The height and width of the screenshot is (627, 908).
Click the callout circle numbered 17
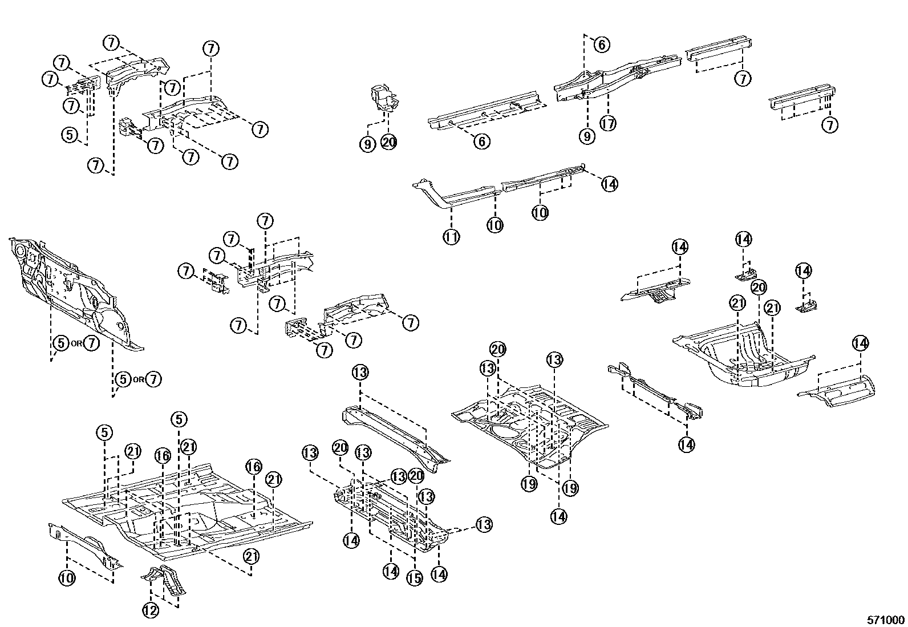tap(609, 123)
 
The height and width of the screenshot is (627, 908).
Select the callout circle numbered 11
tap(451, 236)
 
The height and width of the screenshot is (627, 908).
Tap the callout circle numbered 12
tap(150, 610)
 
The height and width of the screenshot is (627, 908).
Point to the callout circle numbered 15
tap(414, 578)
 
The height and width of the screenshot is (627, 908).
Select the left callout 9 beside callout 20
tap(368, 144)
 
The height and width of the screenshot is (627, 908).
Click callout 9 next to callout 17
tap(586, 136)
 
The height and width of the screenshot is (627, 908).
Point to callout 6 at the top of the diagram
tap(602, 44)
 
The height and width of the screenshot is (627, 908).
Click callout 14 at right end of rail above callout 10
tap(609, 184)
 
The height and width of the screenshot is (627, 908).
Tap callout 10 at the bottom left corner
tap(67, 578)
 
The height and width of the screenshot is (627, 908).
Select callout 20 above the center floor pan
tap(498, 349)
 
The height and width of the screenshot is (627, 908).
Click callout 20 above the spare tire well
tap(758, 287)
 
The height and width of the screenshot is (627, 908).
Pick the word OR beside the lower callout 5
tap(139, 379)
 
